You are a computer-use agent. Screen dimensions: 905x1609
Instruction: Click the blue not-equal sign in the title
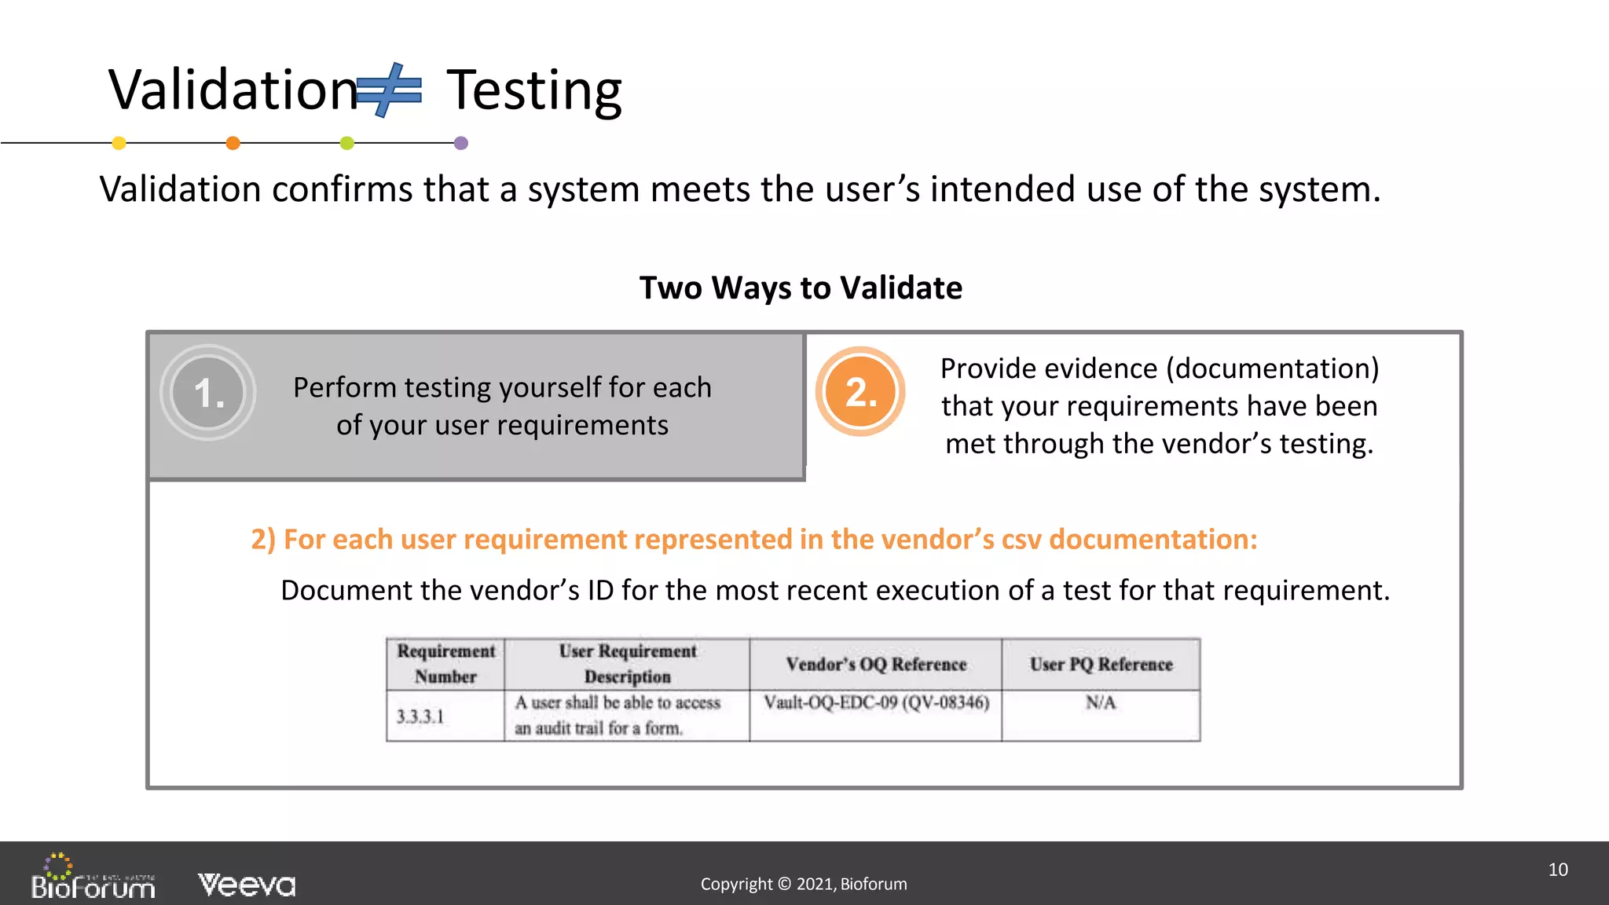tap(389, 90)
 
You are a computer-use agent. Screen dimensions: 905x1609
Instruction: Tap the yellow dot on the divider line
tap(119, 143)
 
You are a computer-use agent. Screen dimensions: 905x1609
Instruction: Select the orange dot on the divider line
tap(233, 143)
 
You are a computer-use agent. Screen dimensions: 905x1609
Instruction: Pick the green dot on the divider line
tap(346, 143)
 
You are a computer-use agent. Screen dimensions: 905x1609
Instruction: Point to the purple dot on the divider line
tap(461, 143)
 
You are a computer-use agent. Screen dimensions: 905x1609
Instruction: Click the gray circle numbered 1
tap(208, 393)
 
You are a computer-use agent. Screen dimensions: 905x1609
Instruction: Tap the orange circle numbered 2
tap(860, 391)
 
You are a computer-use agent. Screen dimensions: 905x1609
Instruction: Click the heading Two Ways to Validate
tap(801, 288)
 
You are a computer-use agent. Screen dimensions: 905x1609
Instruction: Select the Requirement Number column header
tap(445, 664)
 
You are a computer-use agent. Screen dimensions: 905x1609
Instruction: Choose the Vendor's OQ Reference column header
tap(876, 665)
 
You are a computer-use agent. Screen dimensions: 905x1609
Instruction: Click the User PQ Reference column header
tap(1101, 665)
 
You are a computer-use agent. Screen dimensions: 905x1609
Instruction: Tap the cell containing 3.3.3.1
tap(420, 716)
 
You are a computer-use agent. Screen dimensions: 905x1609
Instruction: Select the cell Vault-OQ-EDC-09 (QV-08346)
tap(876, 702)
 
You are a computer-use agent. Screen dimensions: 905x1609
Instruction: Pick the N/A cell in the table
tap(1101, 702)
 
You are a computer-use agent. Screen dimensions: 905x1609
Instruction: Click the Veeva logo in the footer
tap(247, 885)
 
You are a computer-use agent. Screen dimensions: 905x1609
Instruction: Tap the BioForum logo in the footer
tap(93, 878)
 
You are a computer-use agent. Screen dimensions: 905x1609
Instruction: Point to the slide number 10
tap(1558, 870)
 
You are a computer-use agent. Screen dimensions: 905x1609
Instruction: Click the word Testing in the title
tap(534, 90)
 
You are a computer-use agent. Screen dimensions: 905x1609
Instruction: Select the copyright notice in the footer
tap(804, 884)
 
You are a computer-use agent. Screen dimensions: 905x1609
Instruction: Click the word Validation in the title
tap(233, 90)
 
